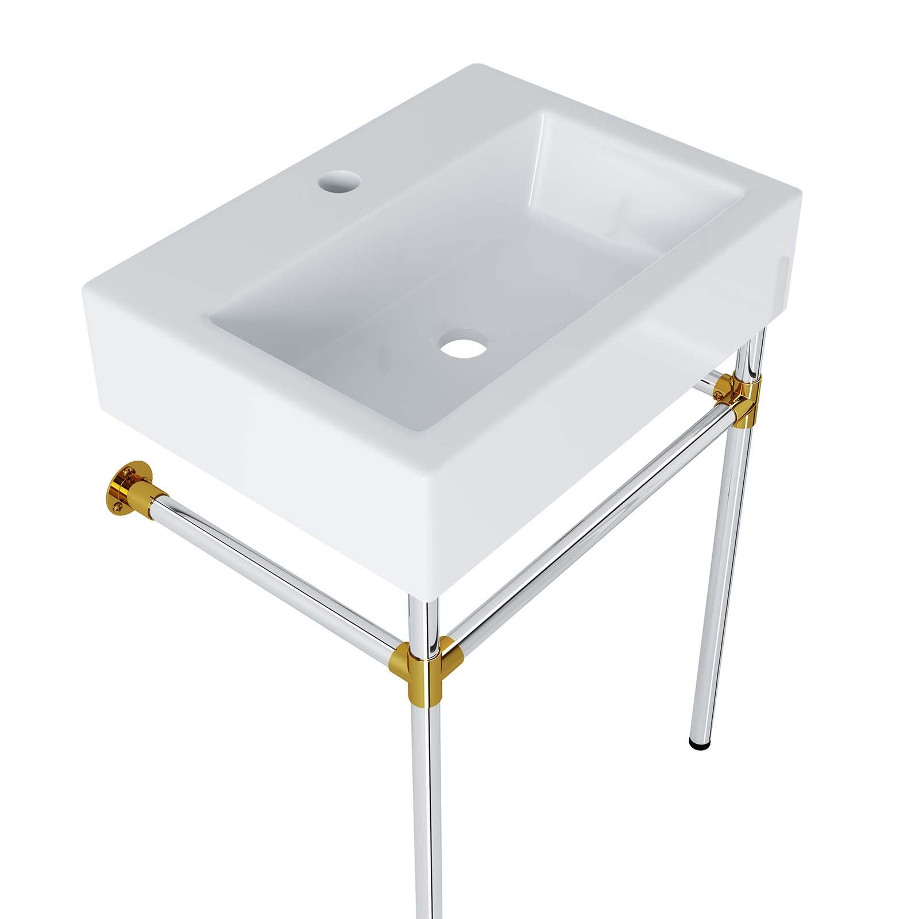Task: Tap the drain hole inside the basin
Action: (462, 346)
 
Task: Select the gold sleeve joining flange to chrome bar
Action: (148, 494)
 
